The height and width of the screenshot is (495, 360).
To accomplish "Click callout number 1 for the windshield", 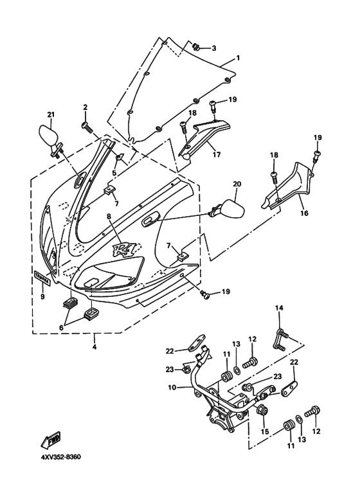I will pyautogui.click(x=237, y=58).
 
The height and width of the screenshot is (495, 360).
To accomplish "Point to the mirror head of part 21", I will pyautogui.click(x=47, y=136).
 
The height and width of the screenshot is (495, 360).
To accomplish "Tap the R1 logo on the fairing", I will pyautogui.click(x=126, y=249).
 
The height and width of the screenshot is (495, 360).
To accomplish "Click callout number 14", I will pyautogui.click(x=279, y=309).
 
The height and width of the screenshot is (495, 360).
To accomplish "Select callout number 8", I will pyautogui.click(x=109, y=217).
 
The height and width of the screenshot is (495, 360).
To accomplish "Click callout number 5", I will pyautogui.click(x=114, y=172).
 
